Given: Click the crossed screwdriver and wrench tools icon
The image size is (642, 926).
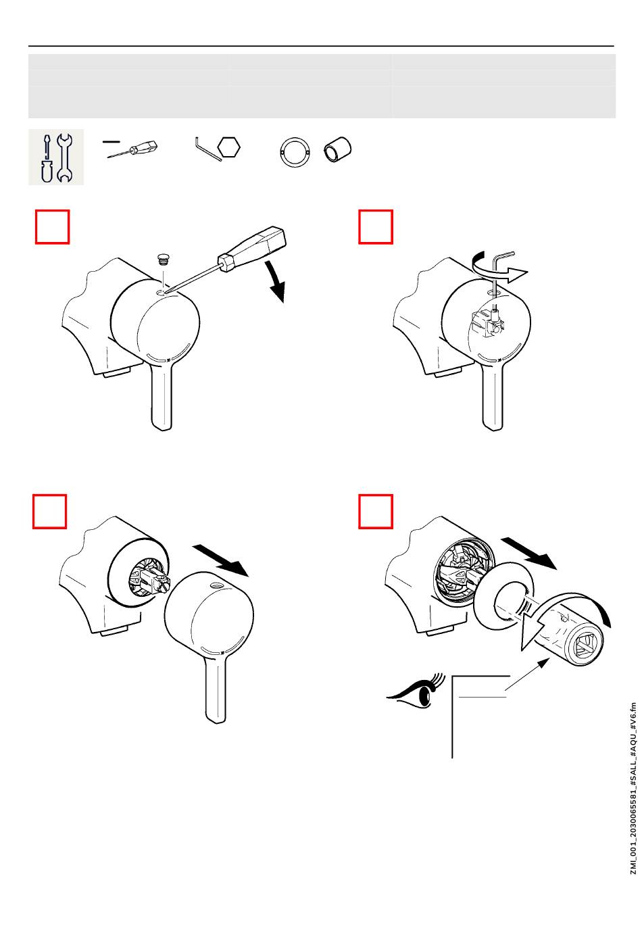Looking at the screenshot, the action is [x=56, y=157].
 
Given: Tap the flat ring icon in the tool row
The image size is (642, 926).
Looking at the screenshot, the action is [x=294, y=153].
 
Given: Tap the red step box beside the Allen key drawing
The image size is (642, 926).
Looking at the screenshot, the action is [x=376, y=227].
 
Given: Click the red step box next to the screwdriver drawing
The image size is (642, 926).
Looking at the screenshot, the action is [x=52, y=227].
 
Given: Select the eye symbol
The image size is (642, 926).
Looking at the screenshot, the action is [x=414, y=693].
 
